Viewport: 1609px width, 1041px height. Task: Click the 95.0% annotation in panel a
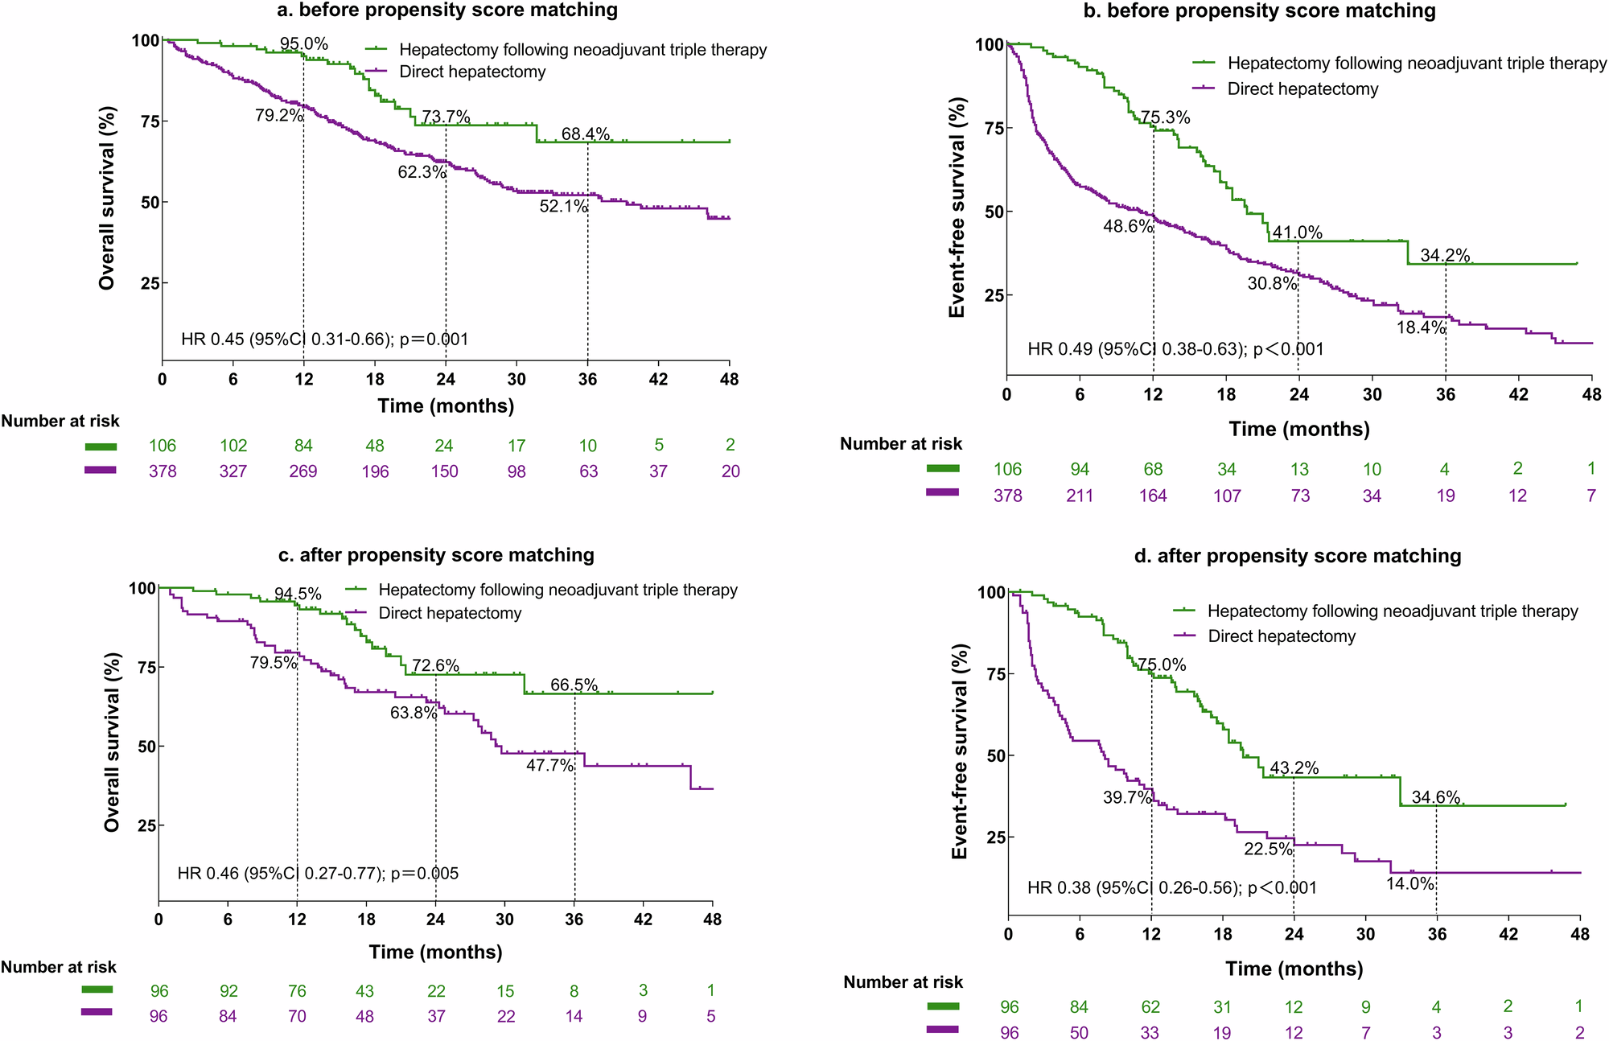click(304, 44)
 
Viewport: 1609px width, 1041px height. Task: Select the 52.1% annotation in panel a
click(563, 207)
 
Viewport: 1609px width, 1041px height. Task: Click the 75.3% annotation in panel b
click(1165, 118)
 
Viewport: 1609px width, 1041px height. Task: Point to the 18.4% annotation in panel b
click(1421, 327)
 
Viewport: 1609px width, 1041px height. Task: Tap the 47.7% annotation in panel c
click(550, 766)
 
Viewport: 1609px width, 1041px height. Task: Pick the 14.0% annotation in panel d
click(1410, 884)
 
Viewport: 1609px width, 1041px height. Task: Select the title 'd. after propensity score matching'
click(1297, 556)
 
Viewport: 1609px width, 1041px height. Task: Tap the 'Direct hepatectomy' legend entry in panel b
click(1302, 89)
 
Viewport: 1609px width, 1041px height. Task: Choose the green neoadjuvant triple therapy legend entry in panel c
click(557, 590)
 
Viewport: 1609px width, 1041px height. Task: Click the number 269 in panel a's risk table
click(303, 471)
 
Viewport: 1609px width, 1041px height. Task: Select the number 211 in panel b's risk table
click(1080, 496)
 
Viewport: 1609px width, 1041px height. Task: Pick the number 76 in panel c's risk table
click(297, 991)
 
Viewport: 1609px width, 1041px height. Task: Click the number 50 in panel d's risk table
click(1079, 1033)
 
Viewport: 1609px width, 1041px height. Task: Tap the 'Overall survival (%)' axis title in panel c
click(111, 742)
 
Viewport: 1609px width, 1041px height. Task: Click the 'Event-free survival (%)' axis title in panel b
click(957, 208)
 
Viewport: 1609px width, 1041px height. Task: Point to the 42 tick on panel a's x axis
click(658, 380)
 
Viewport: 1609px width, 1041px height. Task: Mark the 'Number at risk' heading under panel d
click(903, 982)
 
